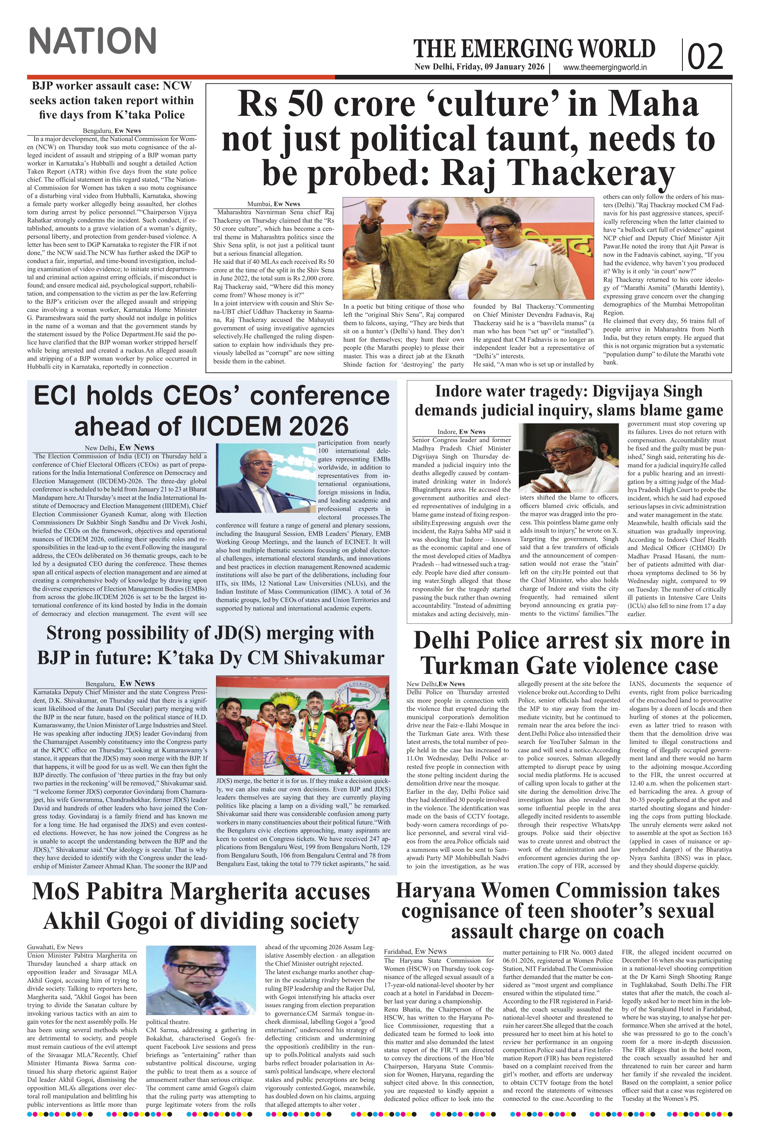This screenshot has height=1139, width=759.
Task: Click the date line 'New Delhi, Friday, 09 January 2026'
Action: click(x=479, y=67)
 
